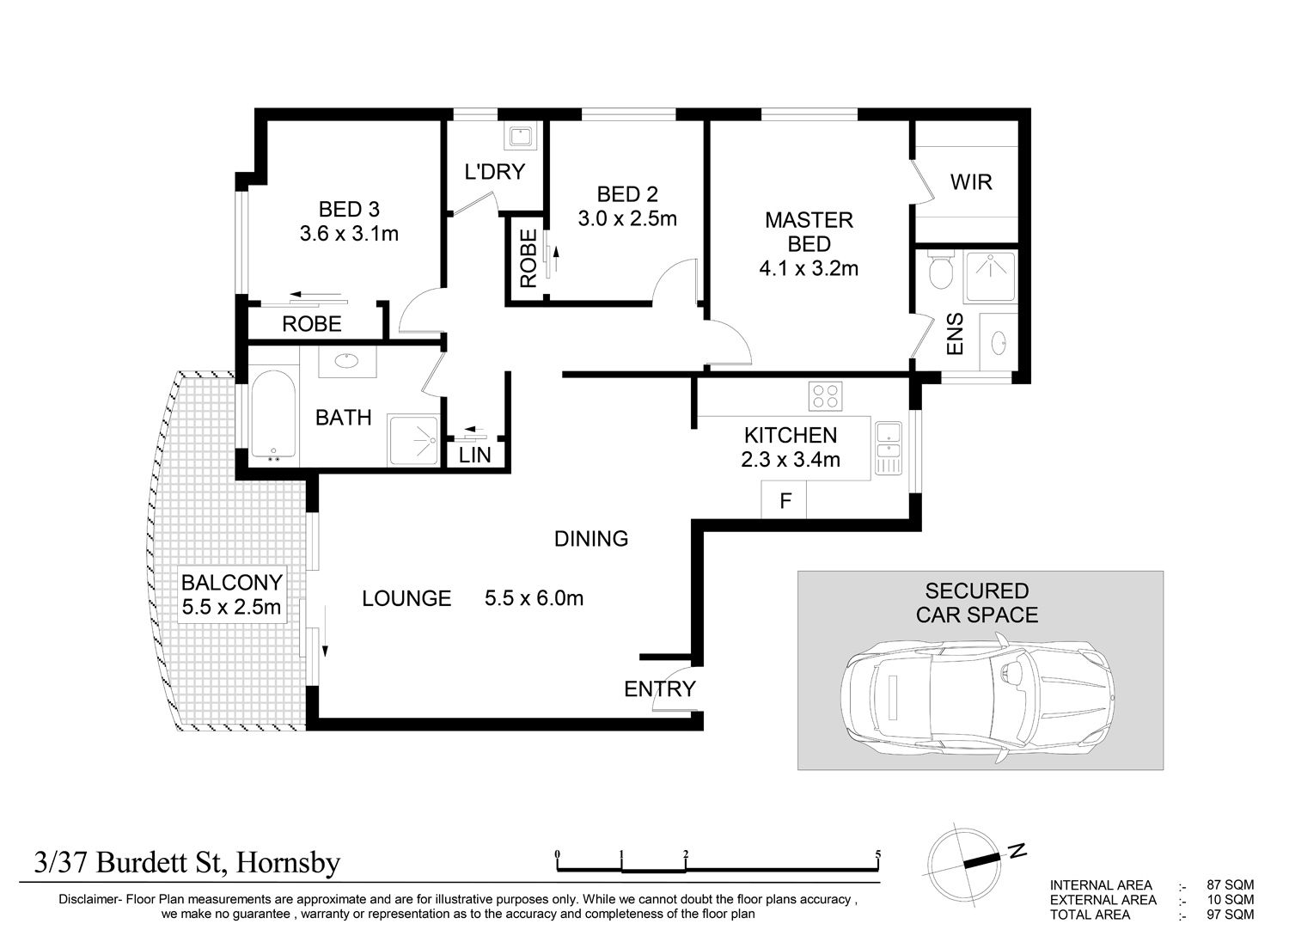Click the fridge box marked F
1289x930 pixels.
[784, 500]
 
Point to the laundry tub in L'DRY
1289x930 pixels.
[522, 137]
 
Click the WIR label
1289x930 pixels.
[971, 182]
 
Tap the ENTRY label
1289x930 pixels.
[659, 688]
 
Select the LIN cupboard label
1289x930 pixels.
[474, 456]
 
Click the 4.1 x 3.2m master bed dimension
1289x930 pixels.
[809, 268]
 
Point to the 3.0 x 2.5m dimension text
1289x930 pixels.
[627, 218]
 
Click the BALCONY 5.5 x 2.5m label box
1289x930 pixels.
[231, 595]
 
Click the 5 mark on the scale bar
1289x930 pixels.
[878, 854]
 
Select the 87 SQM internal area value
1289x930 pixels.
[1230, 884]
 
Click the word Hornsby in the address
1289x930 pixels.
[288, 863]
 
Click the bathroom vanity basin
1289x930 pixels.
[347, 361]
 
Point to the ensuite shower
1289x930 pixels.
[990, 276]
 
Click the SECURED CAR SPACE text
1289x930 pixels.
[976, 603]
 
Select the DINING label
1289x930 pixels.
[591, 539]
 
